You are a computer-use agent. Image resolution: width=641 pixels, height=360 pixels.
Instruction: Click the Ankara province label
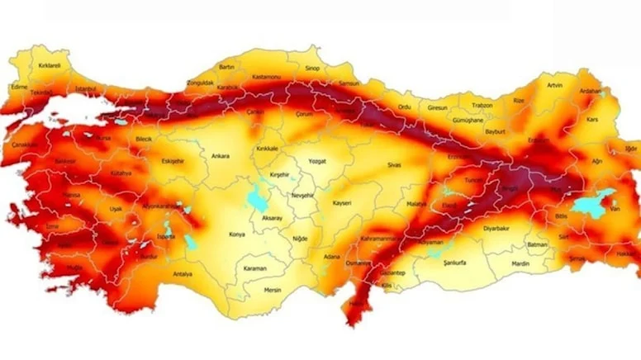(x=221, y=156)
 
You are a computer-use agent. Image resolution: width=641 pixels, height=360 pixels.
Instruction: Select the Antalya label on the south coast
(x=182, y=273)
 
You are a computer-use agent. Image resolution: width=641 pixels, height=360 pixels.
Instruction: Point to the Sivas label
(x=393, y=165)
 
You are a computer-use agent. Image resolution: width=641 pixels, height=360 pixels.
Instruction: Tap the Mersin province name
(x=273, y=290)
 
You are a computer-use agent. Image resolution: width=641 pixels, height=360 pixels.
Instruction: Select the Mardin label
(x=520, y=263)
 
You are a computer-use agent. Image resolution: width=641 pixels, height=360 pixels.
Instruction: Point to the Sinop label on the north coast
(x=312, y=70)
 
